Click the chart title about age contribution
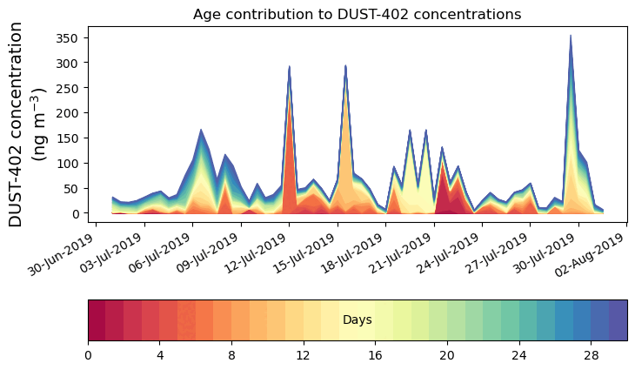pos(357,14)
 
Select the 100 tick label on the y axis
pos(70,163)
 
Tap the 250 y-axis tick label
pos(70,88)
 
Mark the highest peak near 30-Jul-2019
pos(571,36)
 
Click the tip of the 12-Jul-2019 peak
pos(290,66)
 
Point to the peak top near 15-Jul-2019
pos(345,65)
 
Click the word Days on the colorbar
pos(357,320)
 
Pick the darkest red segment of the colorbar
pos(97,320)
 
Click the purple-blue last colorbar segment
pos(618,320)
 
